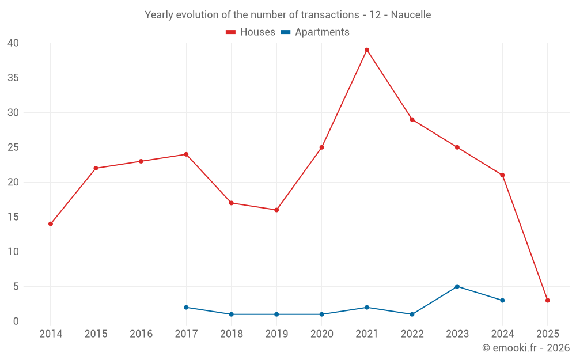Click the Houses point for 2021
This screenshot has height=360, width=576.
[x=367, y=50]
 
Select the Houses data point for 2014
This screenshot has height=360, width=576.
[x=51, y=224]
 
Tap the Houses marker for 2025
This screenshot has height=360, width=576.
[x=548, y=301]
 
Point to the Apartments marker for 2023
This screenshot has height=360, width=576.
[x=457, y=286]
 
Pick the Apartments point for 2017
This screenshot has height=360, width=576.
[x=186, y=308]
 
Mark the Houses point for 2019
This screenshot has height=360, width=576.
[x=276, y=210]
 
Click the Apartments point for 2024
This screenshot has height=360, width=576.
[x=502, y=301]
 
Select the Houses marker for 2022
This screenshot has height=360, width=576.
[x=412, y=120]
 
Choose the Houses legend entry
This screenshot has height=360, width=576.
[x=251, y=32]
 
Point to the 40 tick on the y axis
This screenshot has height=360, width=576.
[x=14, y=43]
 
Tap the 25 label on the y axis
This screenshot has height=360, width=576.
[x=14, y=147]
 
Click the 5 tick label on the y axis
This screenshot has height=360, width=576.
[x=16, y=287]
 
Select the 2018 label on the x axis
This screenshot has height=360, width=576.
[x=232, y=334]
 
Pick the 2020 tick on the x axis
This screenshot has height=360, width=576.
[x=322, y=334]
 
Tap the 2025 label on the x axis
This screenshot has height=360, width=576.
[x=548, y=334]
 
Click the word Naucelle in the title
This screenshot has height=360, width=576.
[x=411, y=15]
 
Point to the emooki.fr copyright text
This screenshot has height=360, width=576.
[x=526, y=348]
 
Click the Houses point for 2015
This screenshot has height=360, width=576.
[x=96, y=168]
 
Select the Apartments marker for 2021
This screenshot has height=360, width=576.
[x=367, y=308]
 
